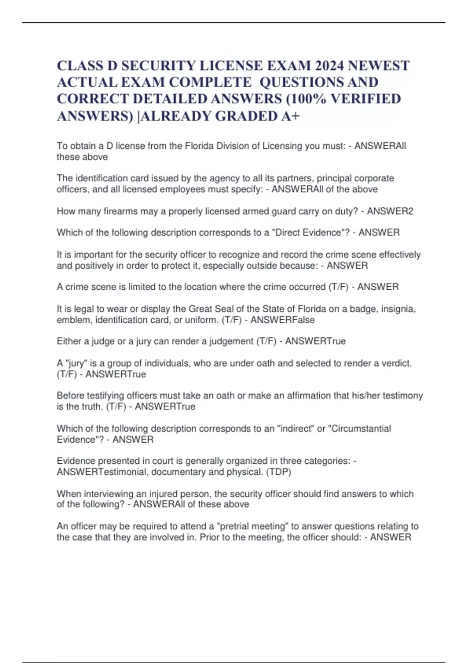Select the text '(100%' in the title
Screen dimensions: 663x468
(306, 99)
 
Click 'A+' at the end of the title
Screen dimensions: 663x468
(290, 116)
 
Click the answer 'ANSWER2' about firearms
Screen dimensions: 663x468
(390, 211)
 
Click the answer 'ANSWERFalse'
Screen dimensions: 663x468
(282, 320)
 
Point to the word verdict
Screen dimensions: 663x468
(398, 363)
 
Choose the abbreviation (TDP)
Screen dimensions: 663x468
(278, 472)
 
